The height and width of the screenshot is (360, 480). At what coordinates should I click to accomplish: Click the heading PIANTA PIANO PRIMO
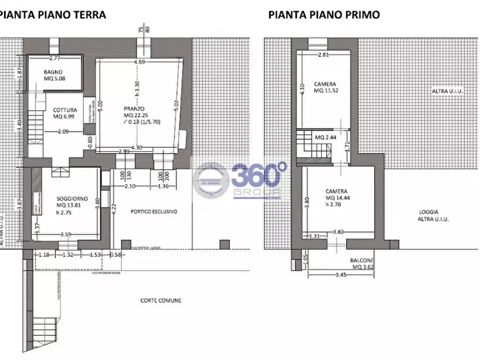click(x=324, y=15)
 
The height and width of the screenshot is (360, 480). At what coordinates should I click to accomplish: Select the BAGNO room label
click(x=53, y=72)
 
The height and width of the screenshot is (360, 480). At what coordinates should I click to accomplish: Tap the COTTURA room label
click(x=65, y=110)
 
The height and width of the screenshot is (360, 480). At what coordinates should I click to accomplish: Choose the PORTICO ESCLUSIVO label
click(x=154, y=212)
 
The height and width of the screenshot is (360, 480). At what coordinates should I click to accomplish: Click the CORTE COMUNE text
click(x=161, y=300)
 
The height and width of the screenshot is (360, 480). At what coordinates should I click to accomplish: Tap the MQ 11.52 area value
click(x=326, y=91)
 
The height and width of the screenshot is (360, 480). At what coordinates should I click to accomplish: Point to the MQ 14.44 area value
click(x=336, y=198)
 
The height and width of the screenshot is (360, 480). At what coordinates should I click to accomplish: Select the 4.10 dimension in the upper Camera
click(x=302, y=88)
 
